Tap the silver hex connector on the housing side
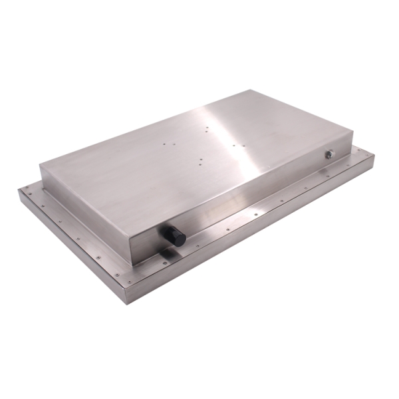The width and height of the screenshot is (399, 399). [x=329, y=154]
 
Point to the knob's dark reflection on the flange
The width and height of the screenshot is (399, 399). [x=166, y=254]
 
